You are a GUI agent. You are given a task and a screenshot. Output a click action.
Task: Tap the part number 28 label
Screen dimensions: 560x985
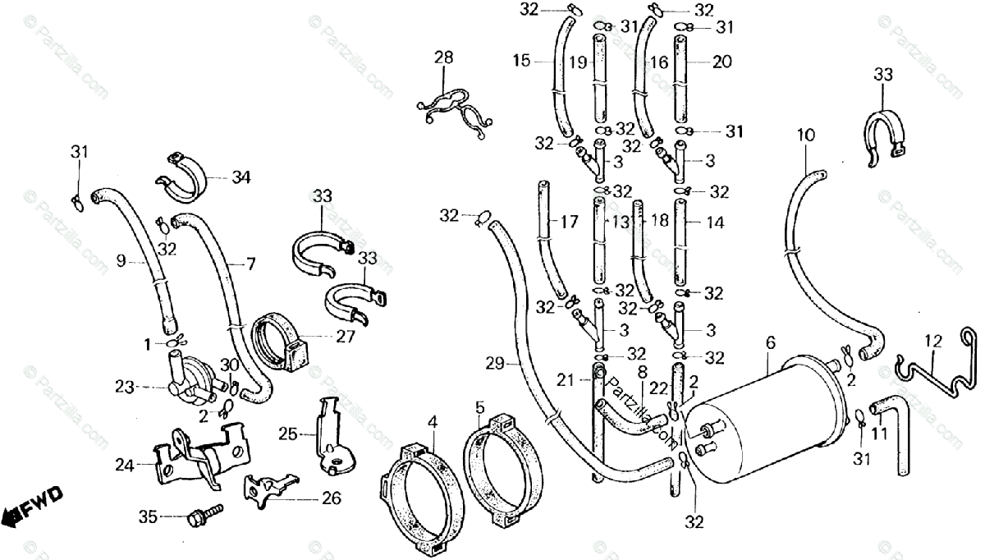coord(443,57)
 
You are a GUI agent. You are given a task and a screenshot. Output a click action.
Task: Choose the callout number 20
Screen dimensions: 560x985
coord(722,62)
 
